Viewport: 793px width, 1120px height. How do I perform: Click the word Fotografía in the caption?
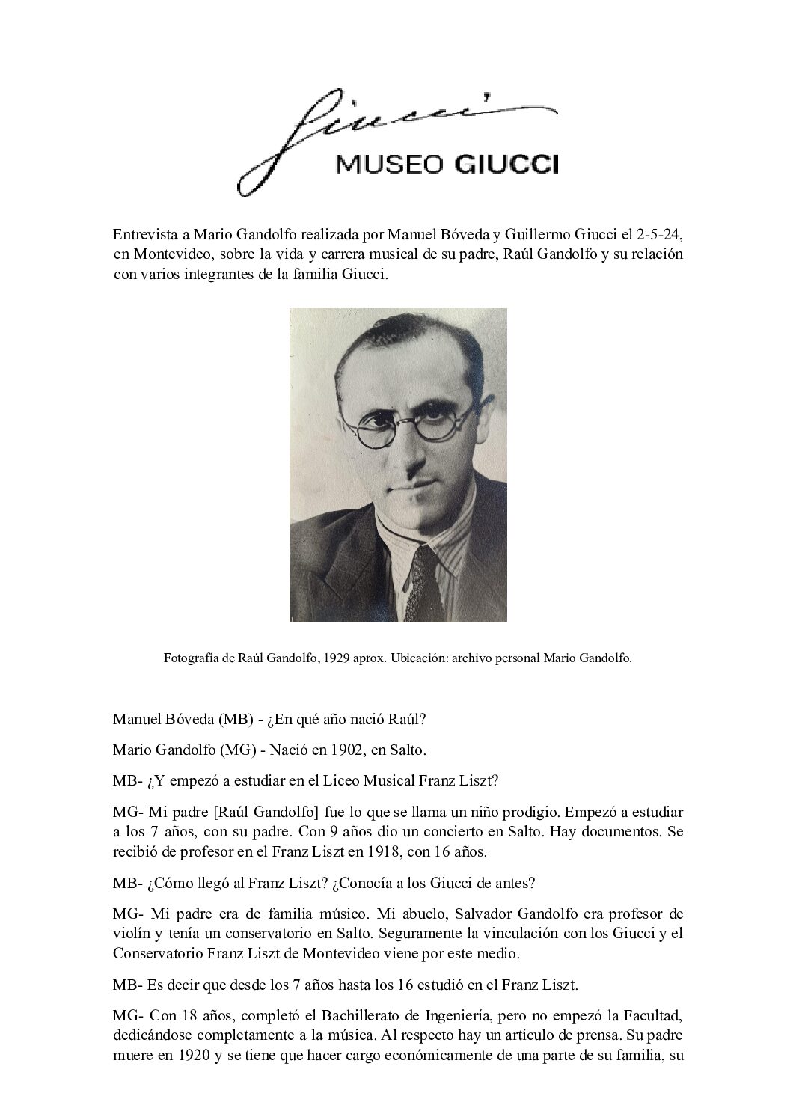pos(192,658)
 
